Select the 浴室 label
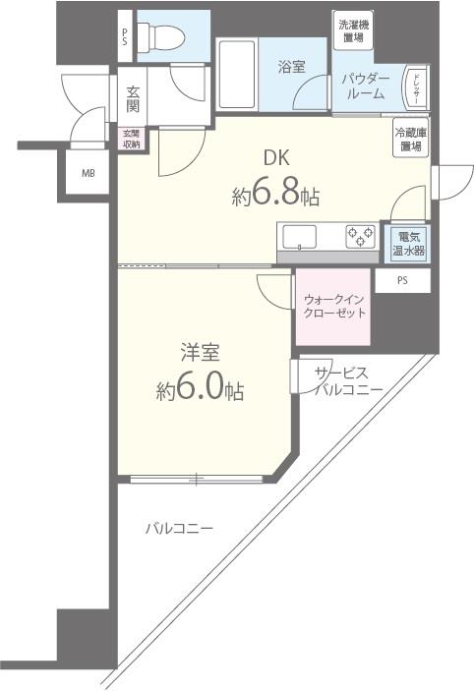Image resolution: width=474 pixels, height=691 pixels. (x=291, y=67)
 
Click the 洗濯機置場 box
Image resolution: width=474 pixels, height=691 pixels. (x=350, y=31)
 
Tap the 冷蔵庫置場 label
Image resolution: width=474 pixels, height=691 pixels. (x=410, y=140)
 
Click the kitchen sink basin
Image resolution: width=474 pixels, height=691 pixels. (x=299, y=238)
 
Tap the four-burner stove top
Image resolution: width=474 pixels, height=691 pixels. (x=359, y=237)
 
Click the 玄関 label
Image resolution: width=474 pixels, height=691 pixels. (x=134, y=98)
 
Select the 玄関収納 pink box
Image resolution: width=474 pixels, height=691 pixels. (x=131, y=139)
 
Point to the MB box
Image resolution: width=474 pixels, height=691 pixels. (x=89, y=174)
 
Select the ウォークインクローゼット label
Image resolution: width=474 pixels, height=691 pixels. (x=333, y=306)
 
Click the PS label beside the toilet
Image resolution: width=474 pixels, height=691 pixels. (x=125, y=37)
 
